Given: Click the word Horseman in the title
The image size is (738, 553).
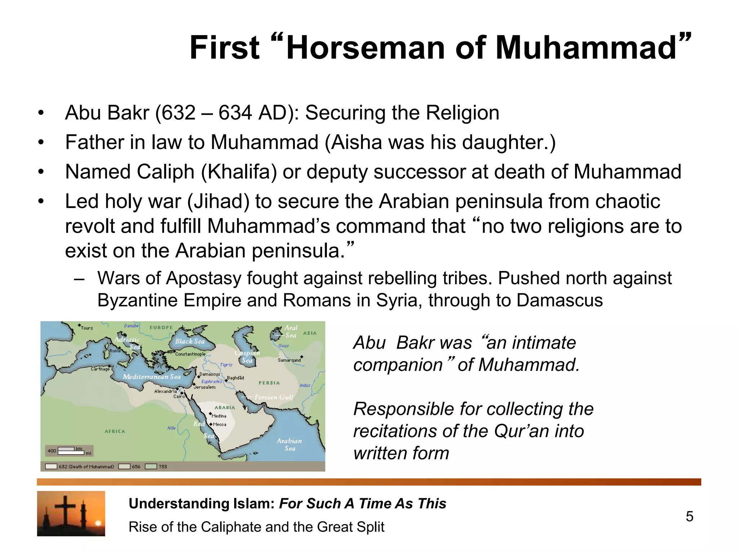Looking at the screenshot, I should click(366, 48).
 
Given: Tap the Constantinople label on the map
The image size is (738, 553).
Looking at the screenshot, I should click(190, 354).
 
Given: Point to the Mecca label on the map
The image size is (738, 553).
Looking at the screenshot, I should click(219, 424).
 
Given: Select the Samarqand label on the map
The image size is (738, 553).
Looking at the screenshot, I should click(289, 360).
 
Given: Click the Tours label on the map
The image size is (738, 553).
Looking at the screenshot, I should click(86, 328).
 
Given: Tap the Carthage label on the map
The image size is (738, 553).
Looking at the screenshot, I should click(100, 369).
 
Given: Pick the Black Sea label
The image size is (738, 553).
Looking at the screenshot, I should click(190, 341).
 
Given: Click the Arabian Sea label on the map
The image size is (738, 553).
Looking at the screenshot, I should click(289, 445).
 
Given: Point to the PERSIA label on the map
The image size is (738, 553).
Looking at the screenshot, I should click(269, 383).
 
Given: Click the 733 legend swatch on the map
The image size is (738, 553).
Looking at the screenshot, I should click(151, 467).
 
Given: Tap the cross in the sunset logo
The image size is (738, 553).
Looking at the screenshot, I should click(66, 511).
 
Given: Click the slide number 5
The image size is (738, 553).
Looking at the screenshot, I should click(689, 517).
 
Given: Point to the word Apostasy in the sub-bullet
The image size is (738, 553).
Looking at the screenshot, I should click(203, 278).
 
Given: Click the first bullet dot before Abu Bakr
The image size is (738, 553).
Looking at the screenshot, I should click(41, 113).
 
